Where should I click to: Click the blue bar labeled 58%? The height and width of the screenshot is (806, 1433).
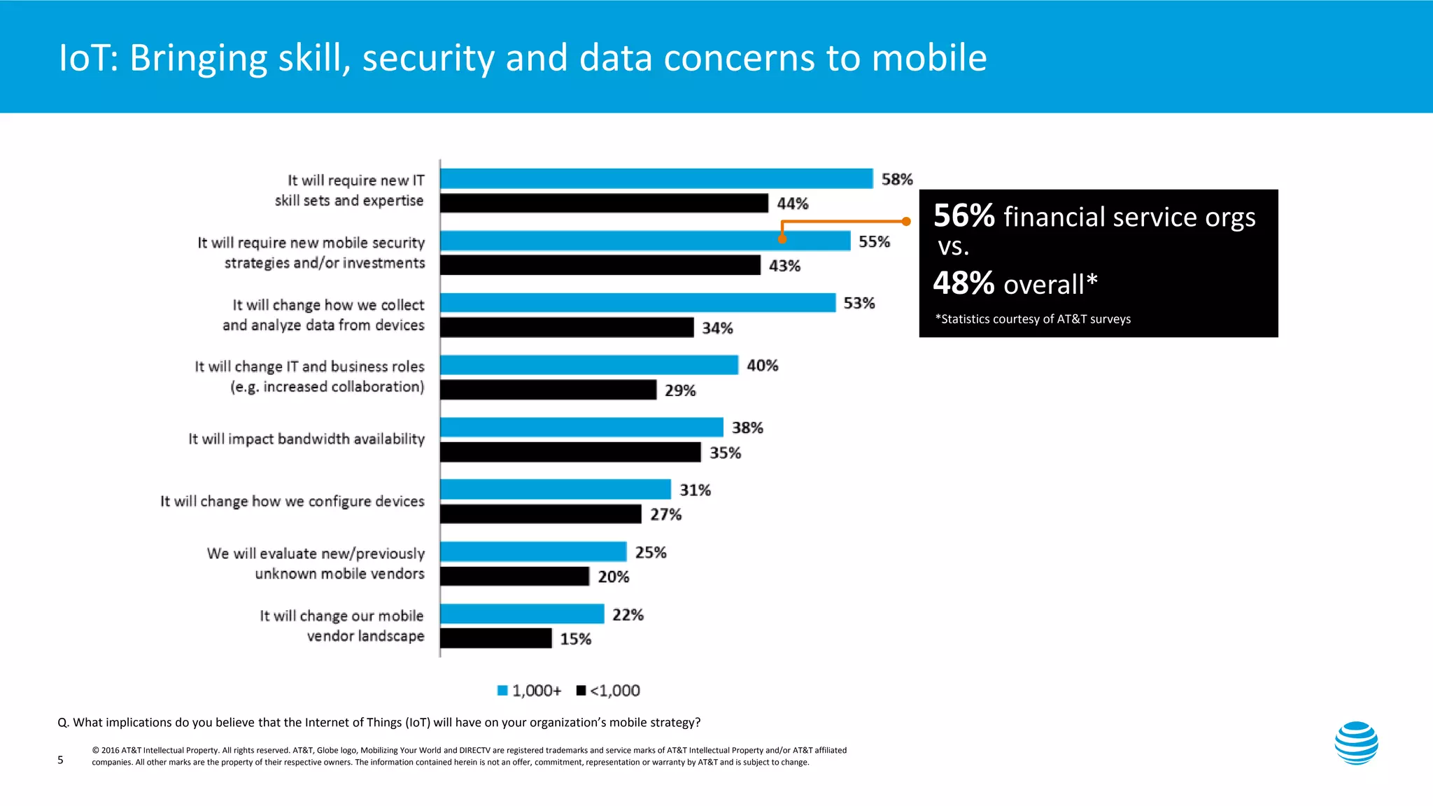coord(656,179)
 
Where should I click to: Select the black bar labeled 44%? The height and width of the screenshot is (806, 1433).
coord(604,204)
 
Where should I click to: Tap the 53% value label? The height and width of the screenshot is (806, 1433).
coord(859,304)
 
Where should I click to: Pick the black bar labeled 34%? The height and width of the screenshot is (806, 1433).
coord(567,327)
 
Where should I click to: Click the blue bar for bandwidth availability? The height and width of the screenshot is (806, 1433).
coord(581,427)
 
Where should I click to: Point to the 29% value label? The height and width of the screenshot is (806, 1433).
coord(680,390)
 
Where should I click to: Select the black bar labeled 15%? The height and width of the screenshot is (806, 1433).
coord(496,639)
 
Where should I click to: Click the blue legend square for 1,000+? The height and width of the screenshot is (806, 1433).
coord(502,691)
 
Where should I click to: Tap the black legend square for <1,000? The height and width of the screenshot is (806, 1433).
coord(581,691)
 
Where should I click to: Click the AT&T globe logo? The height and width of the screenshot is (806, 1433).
coord(1356,743)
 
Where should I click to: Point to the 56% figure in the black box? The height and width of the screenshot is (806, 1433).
coord(963,216)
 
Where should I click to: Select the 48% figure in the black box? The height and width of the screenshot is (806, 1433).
coord(963,284)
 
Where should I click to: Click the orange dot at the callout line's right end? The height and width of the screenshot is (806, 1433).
coord(906,222)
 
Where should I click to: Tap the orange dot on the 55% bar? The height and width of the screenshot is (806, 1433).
coord(782,239)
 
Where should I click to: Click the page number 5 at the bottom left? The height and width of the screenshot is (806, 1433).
coord(60,760)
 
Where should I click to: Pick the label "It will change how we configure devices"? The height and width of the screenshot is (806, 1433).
coord(292,502)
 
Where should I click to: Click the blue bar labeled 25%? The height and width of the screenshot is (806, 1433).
coord(533,552)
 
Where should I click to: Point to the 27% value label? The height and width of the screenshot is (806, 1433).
coord(665,515)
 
